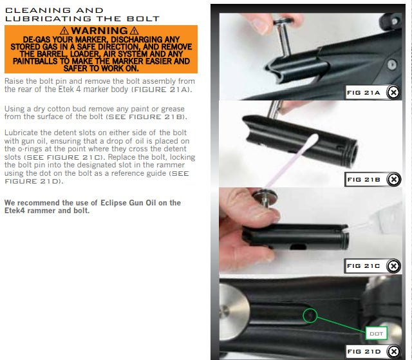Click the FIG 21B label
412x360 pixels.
pyautogui.click(x=365, y=179)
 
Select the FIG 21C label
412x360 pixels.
pyautogui.click(x=365, y=265)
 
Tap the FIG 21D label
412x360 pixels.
pyautogui.click(x=365, y=352)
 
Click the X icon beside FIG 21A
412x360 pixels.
pyautogui.click(x=394, y=92)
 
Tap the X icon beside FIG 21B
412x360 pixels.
pyautogui.click(x=394, y=179)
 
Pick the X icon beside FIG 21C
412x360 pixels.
pyautogui.click(x=394, y=265)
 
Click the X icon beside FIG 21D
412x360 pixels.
pyautogui.click(x=394, y=352)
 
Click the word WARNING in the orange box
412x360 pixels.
pyautogui.click(x=99, y=31)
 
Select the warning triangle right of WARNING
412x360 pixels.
pyautogui.click(x=134, y=31)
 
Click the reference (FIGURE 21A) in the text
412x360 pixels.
pyautogui.click(x=164, y=90)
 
